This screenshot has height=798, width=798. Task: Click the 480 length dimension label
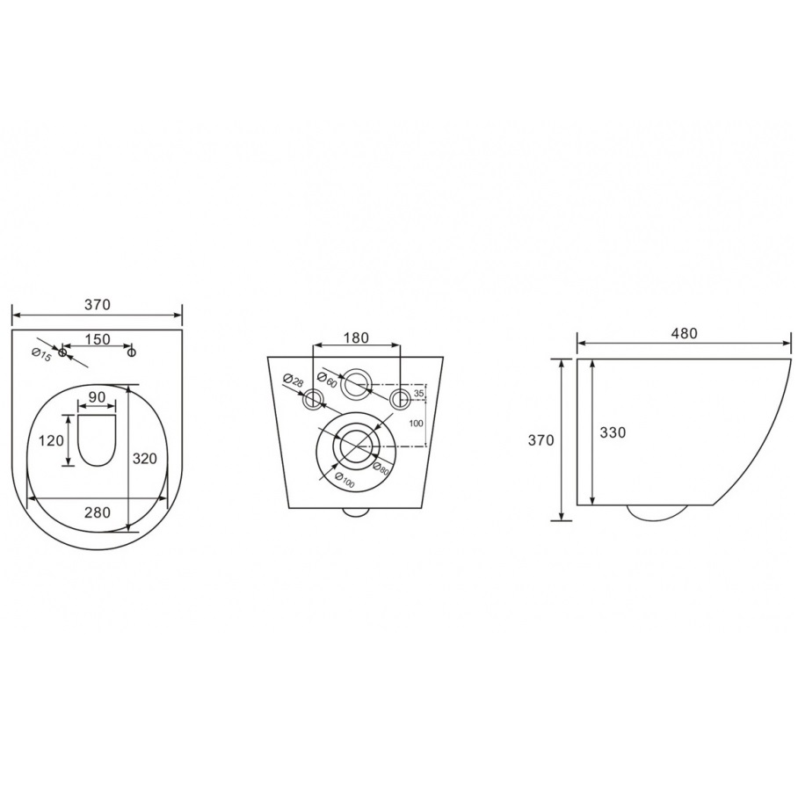click(684, 334)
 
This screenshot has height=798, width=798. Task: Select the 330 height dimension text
click(613, 432)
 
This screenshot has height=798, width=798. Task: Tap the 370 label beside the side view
click(540, 439)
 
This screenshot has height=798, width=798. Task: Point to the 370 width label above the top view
click(97, 304)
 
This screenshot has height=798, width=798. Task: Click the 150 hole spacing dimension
click(98, 338)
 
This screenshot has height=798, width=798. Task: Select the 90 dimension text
click(97, 397)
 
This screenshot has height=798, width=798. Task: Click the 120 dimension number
click(52, 439)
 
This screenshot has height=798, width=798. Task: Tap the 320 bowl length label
click(145, 458)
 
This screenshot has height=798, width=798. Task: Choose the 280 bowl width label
click(97, 512)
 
